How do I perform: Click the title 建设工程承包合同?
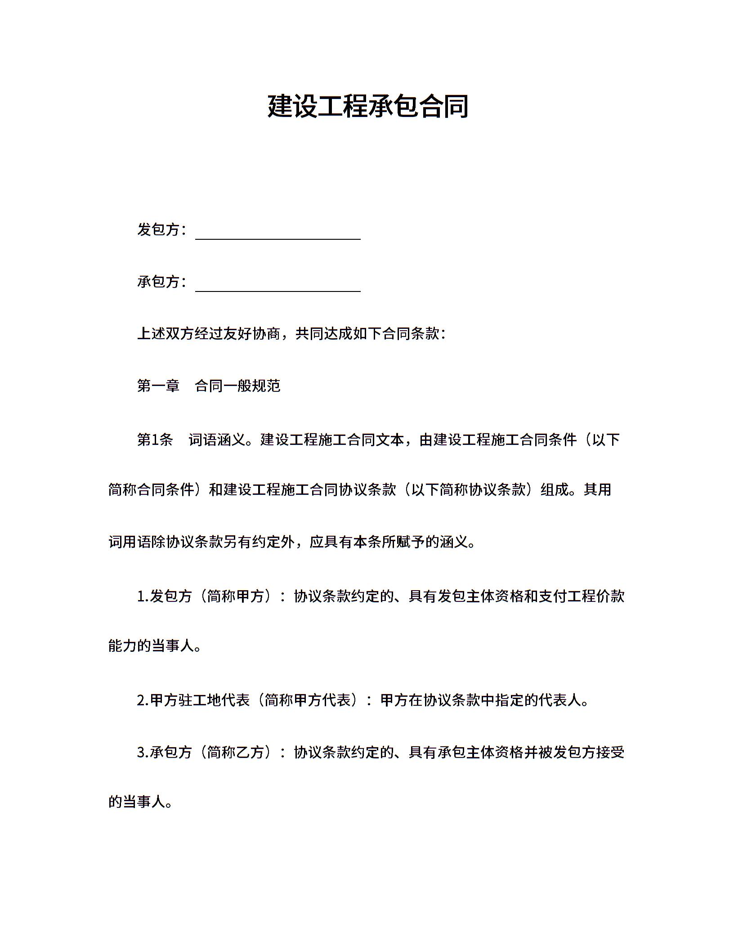367,107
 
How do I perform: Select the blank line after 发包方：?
278,233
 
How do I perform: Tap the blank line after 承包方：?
278,285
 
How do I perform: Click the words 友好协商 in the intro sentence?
252,334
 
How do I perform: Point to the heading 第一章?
158,386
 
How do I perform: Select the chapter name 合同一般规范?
237,386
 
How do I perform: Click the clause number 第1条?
155,439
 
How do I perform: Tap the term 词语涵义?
217,439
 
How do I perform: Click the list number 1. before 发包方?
143,596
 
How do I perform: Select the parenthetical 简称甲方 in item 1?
237,596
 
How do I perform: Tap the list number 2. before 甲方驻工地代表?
143,700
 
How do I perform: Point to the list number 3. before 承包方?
143,752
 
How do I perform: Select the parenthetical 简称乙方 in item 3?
237,752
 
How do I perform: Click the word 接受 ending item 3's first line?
610,752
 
